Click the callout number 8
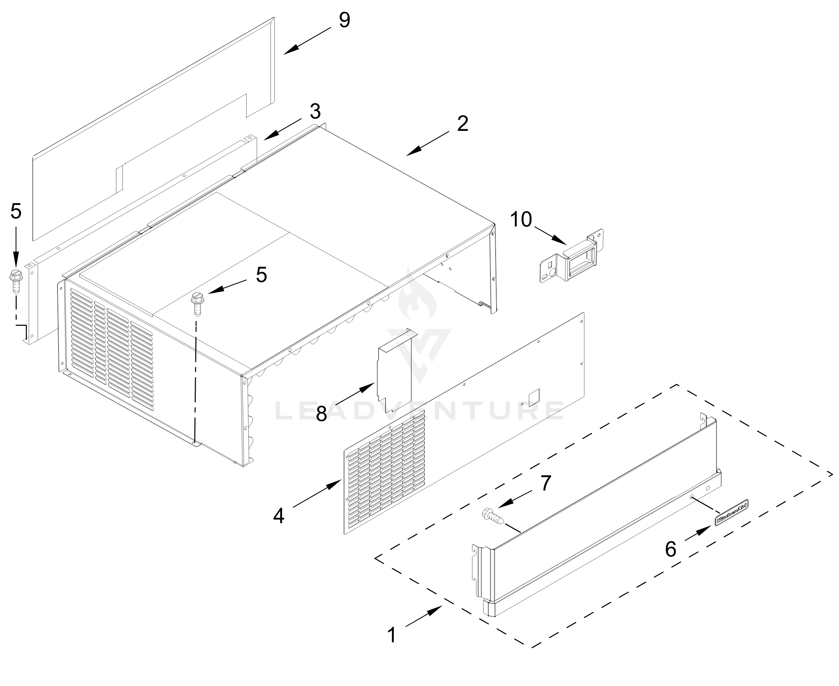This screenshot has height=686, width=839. point(321,413)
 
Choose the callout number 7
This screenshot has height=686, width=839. point(546,483)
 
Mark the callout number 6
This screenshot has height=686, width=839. point(670,549)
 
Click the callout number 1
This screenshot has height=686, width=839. point(392,635)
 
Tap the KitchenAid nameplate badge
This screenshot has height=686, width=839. point(732,512)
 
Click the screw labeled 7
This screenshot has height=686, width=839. point(492,516)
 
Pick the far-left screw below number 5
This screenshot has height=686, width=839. point(16,281)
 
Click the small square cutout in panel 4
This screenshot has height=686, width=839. point(534,398)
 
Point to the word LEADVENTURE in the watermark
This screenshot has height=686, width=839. point(419,411)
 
